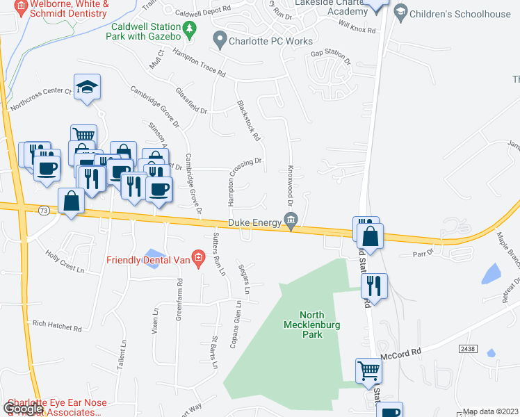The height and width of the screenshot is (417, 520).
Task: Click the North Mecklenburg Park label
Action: coord(304,324)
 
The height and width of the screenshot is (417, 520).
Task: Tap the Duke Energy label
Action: coord(254,222)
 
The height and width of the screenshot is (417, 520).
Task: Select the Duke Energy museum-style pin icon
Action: coord(291,220)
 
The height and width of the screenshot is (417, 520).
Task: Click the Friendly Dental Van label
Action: coord(148,261)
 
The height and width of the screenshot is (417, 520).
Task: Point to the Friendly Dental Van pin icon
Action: coord(198,261)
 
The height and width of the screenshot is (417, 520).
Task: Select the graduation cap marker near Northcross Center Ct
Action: coord(87,87)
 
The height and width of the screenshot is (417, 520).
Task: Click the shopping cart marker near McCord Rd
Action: coord(368,370)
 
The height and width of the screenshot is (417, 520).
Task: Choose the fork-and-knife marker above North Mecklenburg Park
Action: coord(374,286)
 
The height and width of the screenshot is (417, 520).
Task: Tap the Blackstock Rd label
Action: coord(248,120)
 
